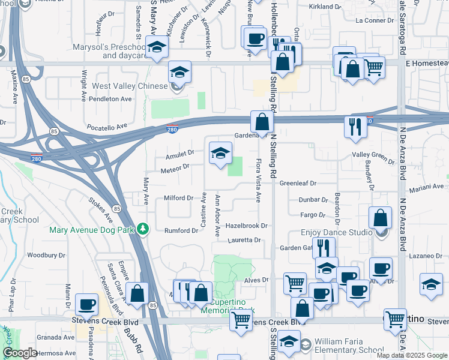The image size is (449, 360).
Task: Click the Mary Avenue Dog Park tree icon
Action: tap(142, 229)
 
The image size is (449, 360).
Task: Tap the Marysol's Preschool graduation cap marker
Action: tap(157, 48)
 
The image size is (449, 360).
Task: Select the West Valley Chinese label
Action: tap(130, 86)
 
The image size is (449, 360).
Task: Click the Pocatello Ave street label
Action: tap(108, 127)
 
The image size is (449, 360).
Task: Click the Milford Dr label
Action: tap(178, 198)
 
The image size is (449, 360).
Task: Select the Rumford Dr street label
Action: tap(181, 230)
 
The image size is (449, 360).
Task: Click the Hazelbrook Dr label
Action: tap(246, 226)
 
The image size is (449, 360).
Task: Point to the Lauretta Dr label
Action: tap(245, 240)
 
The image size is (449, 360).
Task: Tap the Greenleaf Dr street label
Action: tap(298, 183)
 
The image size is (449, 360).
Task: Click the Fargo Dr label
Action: tap(313, 215)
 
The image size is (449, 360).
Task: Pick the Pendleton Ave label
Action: tap(110, 98)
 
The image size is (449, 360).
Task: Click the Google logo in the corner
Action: tap(20, 353)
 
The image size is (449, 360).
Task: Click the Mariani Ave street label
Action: tap(430, 187)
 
